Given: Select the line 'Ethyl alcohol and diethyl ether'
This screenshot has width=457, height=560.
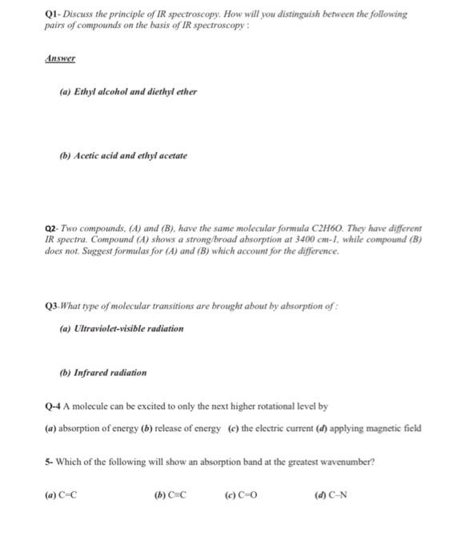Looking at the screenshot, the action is pos(128,91).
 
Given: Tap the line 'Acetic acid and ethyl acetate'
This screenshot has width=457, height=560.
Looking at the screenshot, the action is pos(123,155).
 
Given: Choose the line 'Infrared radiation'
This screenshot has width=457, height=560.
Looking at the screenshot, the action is pos(103,373).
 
